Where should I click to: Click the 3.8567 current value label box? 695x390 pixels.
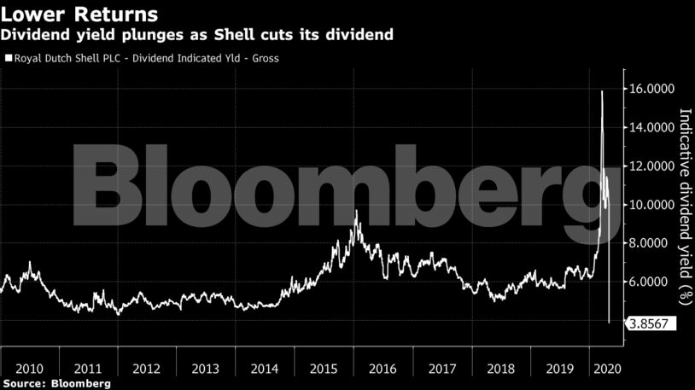[x=651, y=323]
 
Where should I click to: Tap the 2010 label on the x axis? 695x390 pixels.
[x=30, y=369]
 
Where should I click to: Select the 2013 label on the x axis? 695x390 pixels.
[x=206, y=369]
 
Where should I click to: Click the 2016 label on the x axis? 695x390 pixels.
[x=382, y=369]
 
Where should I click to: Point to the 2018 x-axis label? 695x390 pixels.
[x=499, y=369]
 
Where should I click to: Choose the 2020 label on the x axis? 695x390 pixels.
[x=607, y=369]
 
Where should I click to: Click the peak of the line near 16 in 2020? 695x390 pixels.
[x=603, y=90]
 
